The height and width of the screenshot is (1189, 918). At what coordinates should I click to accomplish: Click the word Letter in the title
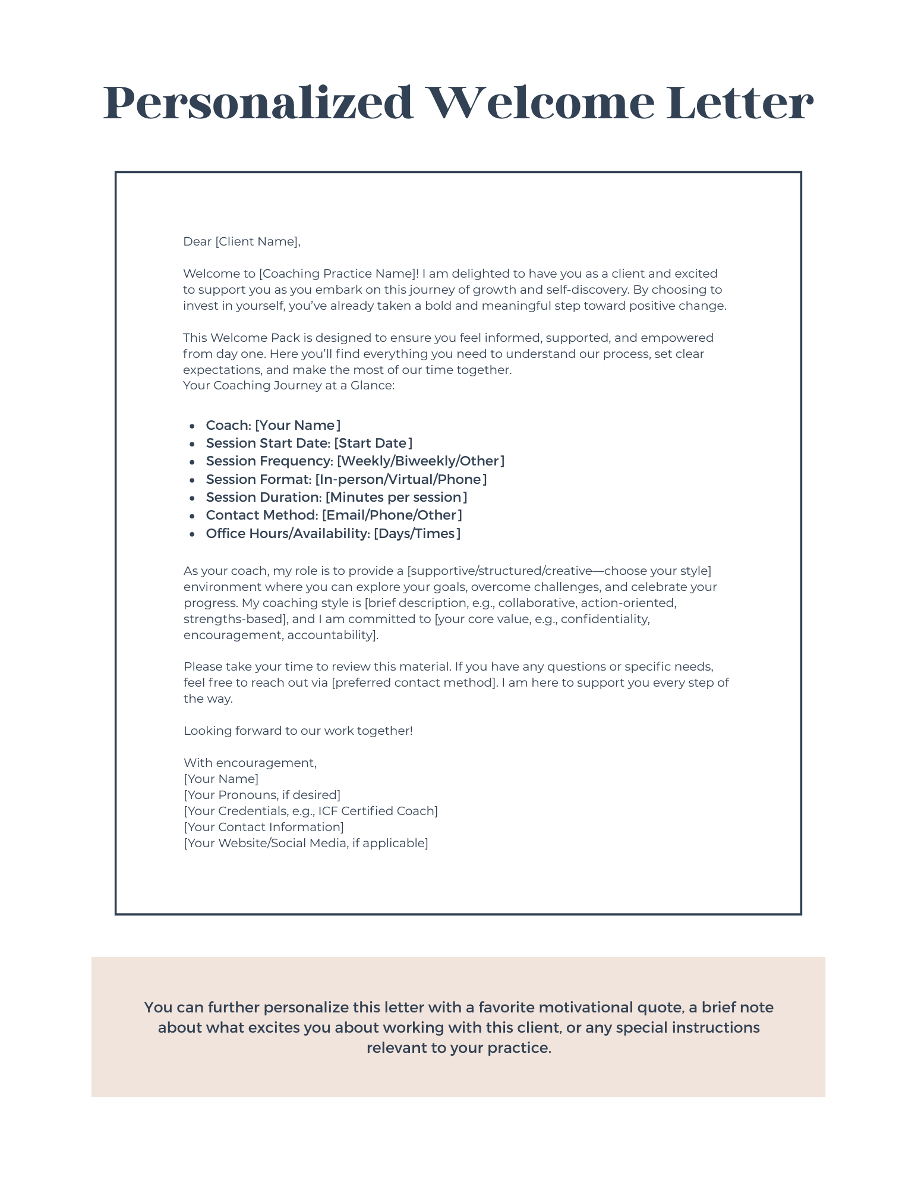pyautogui.click(x=739, y=103)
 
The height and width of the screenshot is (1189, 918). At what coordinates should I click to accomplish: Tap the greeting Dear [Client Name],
pyautogui.click(x=242, y=241)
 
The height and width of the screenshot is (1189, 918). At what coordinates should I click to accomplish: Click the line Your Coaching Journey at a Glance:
pyautogui.click(x=289, y=385)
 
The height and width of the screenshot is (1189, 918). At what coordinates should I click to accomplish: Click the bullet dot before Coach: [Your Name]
pyautogui.click(x=192, y=426)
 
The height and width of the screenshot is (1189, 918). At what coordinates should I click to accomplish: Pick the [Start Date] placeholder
pyautogui.click(x=373, y=443)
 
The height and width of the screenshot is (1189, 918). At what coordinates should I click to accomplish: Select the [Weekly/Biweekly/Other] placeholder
pyautogui.click(x=421, y=461)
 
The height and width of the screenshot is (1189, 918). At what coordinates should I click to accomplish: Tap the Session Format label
pyautogui.click(x=258, y=480)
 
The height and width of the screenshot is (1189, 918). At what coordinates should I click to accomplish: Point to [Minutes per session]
pyautogui.click(x=396, y=498)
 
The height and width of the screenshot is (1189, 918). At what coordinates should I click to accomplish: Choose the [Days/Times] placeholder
pyautogui.click(x=417, y=534)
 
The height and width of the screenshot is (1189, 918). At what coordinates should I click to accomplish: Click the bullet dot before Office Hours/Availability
pyautogui.click(x=192, y=534)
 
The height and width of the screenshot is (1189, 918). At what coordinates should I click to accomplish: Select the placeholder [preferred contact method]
pyautogui.click(x=414, y=682)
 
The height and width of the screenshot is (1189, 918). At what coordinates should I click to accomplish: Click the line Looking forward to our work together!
pyautogui.click(x=298, y=731)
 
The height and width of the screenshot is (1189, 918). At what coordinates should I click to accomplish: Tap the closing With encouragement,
pyautogui.click(x=250, y=763)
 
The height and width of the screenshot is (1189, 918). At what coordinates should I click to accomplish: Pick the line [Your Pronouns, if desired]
pyautogui.click(x=262, y=795)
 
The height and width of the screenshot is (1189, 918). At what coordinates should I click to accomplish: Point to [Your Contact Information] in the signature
pyautogui.click(x=264, y=827)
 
